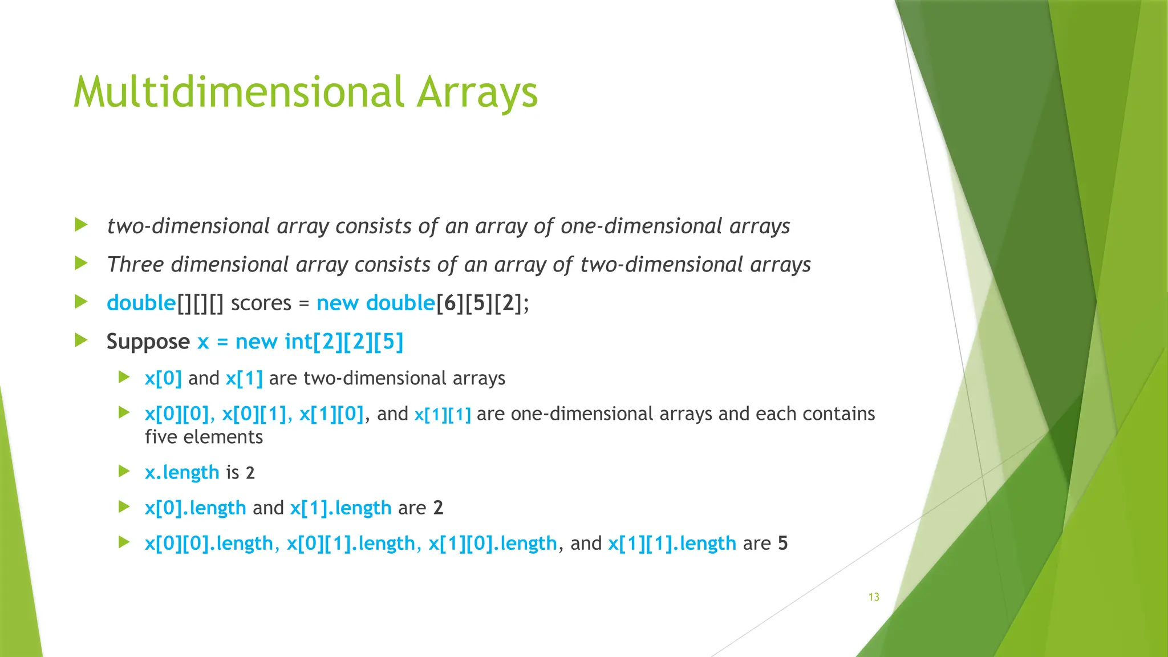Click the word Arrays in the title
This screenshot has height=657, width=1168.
[477, 92]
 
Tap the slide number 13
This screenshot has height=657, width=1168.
[874, 597]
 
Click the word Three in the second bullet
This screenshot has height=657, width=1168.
[135, 265]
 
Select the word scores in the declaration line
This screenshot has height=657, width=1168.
[261, 303]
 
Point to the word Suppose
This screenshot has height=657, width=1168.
[148, 342]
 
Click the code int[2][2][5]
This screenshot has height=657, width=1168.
[344, 342]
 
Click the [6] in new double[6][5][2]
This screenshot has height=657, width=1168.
[450, 303]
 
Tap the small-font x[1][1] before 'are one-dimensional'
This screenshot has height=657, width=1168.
[443, 415]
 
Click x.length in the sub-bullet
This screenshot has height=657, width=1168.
[182, 472]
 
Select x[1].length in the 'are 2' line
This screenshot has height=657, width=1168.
[340, 508]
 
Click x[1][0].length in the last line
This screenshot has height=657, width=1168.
[492, 543]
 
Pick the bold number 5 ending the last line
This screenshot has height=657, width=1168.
[782, 543]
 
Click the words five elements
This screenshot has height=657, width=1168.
[204, 437]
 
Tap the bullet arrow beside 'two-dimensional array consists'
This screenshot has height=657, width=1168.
[81, 225]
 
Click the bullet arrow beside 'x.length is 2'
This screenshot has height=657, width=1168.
[124, 471]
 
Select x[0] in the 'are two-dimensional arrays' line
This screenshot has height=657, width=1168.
[163, 379]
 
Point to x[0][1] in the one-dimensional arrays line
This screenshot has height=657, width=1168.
[254, 414]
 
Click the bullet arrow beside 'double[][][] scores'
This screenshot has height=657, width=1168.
[81, 302]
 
